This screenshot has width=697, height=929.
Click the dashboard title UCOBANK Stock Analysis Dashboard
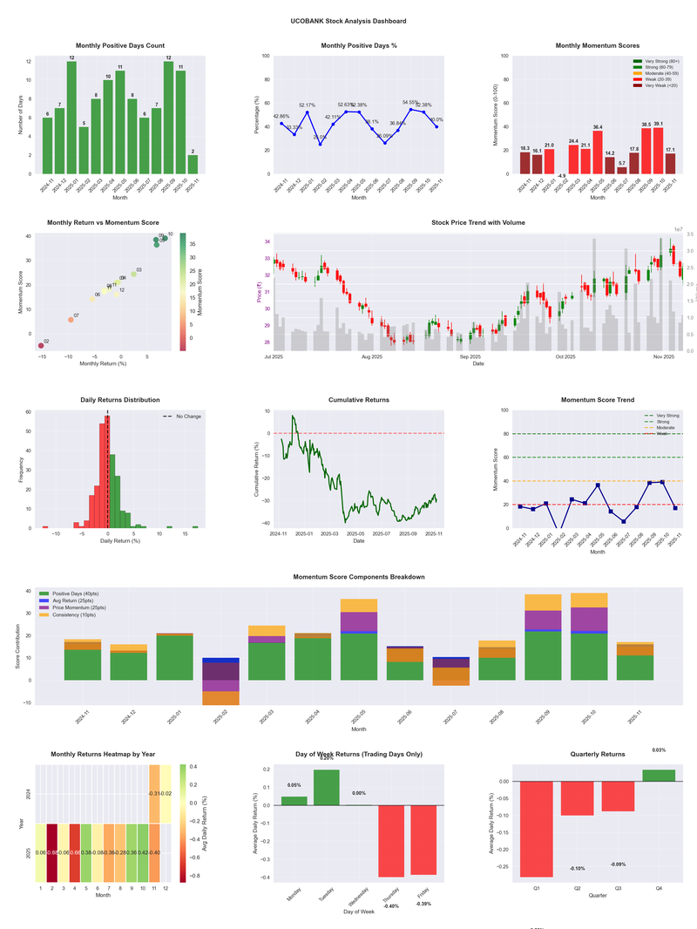[x=348, y=21]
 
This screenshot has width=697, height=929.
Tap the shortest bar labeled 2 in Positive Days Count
[x=193, y=165]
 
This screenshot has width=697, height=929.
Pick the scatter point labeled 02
[x=41, y=346]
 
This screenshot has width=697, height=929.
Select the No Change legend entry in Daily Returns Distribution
[x=187, y=417]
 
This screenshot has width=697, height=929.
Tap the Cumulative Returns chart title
[x=359, y=400]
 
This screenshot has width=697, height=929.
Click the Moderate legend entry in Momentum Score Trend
[x=665, y=427]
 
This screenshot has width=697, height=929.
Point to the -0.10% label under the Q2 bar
[x=577, y=869]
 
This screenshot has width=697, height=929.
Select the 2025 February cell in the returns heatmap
[x=51, y=853]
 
